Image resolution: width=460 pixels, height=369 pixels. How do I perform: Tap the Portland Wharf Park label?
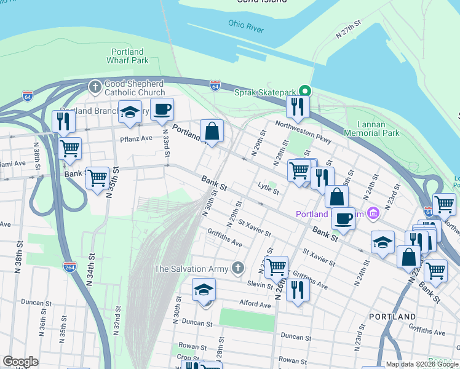click(x=128, y=57)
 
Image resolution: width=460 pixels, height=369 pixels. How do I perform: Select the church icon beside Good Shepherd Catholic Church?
click(x=95, y=87)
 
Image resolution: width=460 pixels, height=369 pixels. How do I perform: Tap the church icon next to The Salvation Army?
click(x=239, y=268)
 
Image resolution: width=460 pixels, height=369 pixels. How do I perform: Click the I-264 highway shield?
click(x=69, y=266)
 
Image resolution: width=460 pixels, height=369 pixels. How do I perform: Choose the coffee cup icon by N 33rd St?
click(x=162, y=109)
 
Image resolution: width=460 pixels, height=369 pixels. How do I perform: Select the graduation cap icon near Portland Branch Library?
click(x=130, y=112)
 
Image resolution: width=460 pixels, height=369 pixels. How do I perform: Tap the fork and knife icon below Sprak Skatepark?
click(x=298, y=106)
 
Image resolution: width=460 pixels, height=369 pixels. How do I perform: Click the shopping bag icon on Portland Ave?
click(x=212, y=131)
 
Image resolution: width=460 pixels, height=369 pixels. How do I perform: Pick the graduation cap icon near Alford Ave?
click(x=204, y=290)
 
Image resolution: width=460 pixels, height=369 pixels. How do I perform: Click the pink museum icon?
click(x=373, y=214)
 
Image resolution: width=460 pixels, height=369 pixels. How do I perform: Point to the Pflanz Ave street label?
click(x=136, y=138)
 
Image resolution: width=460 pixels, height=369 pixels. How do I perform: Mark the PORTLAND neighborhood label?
click(x=392, y=316)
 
